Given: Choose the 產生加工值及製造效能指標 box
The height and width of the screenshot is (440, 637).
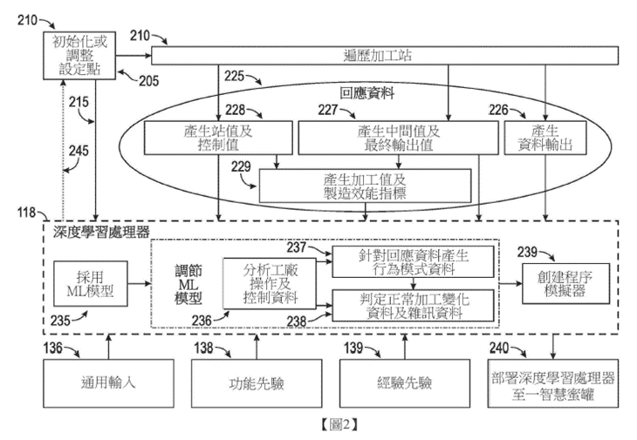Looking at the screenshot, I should click(x=365, y=185).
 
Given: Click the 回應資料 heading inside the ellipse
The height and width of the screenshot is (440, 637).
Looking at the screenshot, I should click(x=366, y=91).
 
